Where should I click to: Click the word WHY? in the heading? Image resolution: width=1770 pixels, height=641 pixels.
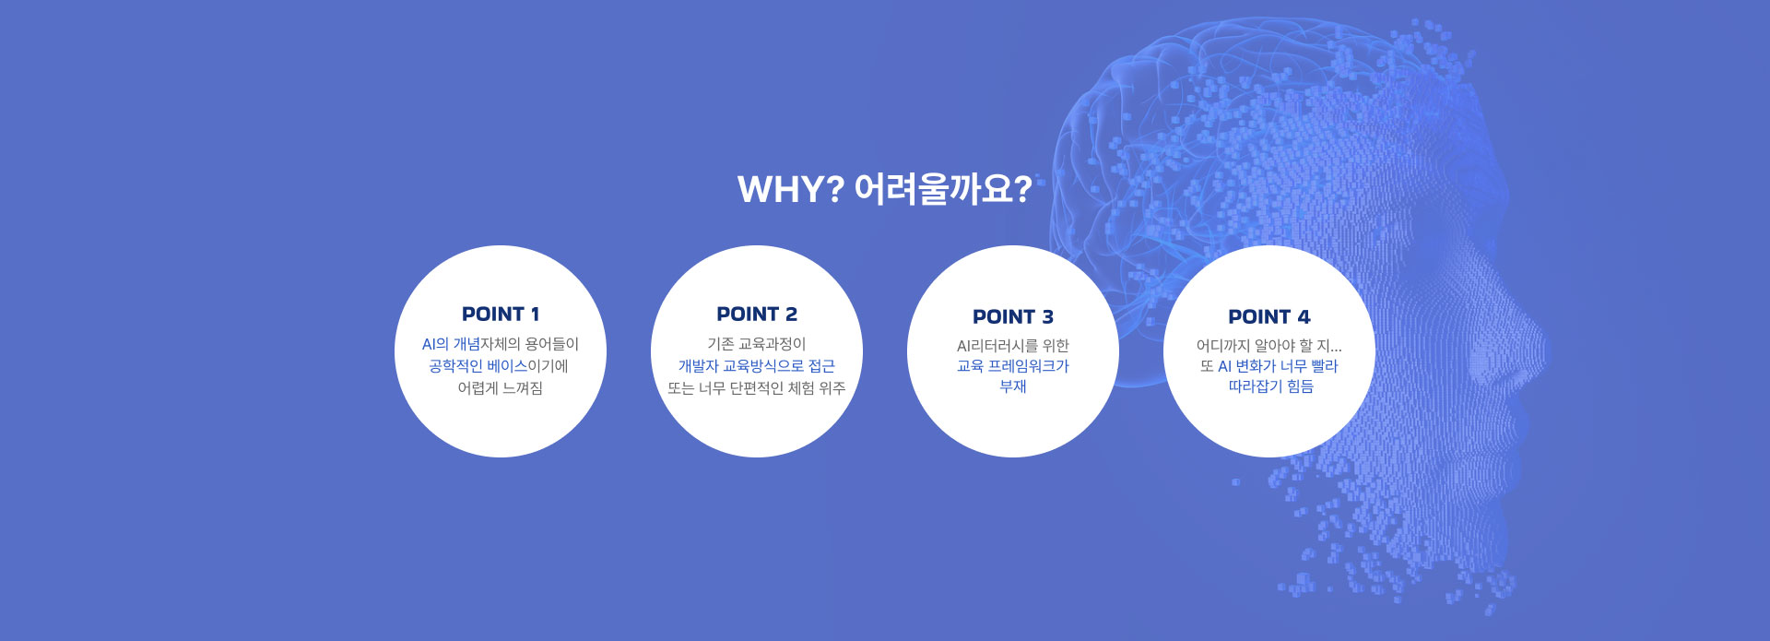[791, 189]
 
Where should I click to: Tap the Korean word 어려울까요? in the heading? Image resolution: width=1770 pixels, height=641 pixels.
[943, 189]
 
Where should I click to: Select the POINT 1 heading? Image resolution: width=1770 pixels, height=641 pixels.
[501, 314]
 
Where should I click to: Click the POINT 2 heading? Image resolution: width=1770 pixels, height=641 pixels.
[757, 314]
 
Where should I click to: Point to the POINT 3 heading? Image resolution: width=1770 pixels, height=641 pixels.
[1013, 316]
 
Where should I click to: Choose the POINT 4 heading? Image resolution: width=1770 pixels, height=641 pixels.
[1269, 316]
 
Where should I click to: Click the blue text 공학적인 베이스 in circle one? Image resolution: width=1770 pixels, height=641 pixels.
[478, 366]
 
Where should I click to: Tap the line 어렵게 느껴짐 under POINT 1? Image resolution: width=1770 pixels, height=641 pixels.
[501, 388]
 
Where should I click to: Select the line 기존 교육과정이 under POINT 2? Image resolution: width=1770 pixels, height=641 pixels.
[757, 344]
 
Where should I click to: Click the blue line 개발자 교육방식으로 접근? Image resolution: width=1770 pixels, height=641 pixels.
[757, 366]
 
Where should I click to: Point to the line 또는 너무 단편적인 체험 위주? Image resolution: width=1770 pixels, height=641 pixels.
[757, 388]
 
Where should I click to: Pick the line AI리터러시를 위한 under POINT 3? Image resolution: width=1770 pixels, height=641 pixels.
[1013, 346]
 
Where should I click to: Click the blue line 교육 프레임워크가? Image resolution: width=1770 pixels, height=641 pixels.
[1013, 366]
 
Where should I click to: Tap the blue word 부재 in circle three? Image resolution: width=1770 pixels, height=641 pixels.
[1013, 386]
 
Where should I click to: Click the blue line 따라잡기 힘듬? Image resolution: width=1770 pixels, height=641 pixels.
[1270, 386]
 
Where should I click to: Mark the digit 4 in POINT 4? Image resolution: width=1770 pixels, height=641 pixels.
[1304, 316]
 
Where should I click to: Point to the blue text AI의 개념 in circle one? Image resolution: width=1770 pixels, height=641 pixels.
[451, 344]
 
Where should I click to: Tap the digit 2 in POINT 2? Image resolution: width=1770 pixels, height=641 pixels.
[791, 314]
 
